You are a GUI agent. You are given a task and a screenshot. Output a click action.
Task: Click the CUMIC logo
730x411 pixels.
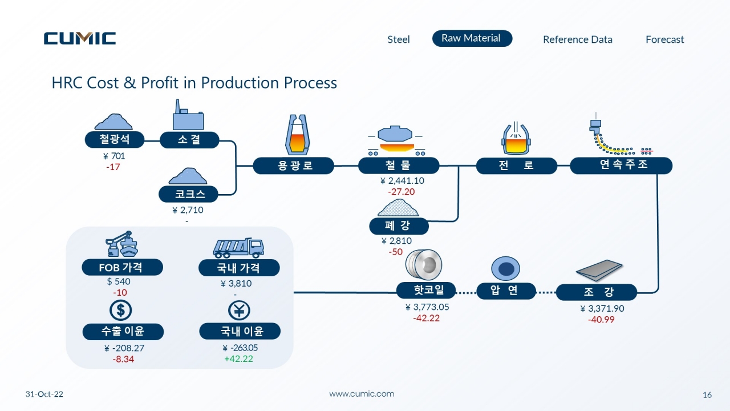(80, 38)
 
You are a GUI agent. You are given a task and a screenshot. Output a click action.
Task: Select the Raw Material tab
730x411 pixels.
(472, 38)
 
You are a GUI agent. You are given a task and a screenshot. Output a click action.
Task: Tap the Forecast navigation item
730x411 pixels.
(665, 39)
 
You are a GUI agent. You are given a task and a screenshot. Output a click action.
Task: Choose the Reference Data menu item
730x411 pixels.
(578, 39)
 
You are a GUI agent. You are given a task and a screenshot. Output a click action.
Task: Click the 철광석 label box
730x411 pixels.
(115, 140)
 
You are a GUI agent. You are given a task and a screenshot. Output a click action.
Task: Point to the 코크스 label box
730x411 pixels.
(188, 194)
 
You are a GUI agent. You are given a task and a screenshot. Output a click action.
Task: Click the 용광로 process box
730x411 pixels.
(294, 166)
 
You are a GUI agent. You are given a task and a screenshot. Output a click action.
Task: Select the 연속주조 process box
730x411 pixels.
(621, 166)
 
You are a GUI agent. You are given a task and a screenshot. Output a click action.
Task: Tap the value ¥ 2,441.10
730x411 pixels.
(402, 181)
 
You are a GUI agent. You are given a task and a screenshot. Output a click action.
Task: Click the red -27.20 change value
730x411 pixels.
(401, 192)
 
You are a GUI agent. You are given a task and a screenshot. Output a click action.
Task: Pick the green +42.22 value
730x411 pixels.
(238, 359)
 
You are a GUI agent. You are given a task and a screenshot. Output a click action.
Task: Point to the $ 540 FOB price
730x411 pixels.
(119, 281)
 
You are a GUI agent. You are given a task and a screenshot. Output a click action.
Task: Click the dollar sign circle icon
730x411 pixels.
(120, 310)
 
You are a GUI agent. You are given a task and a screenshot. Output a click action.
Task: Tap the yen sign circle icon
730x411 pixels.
(239, 311)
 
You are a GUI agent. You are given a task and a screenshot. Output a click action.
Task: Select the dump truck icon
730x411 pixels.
(238, 248)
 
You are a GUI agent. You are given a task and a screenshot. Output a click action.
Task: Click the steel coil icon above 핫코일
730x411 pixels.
(424, 264)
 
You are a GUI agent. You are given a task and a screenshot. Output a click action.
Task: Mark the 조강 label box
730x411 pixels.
(597, 292)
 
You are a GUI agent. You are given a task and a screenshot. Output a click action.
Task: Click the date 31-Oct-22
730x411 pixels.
(44, 394)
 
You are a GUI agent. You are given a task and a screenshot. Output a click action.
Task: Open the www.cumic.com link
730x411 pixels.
(362, 394)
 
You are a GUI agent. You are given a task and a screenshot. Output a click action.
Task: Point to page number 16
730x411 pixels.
(707, 395)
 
